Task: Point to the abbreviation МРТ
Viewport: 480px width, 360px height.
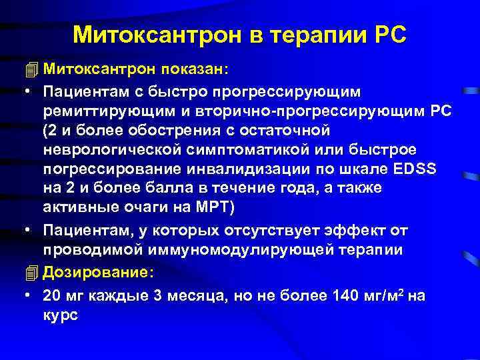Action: (209, 207)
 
